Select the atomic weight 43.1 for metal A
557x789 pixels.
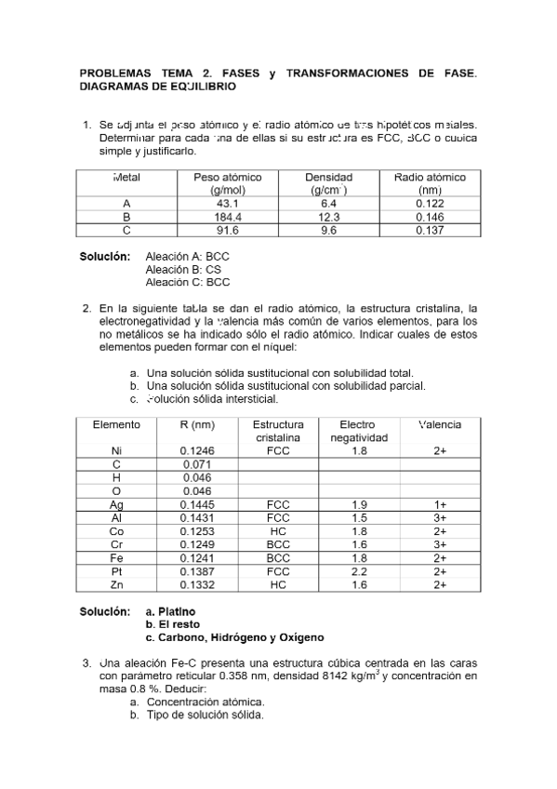228,203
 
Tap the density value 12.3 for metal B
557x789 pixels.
329,217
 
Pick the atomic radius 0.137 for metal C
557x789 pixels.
430,231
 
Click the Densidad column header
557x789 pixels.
329,177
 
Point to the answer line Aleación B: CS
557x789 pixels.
183,269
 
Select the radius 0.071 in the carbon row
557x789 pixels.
196,464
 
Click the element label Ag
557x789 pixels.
116,504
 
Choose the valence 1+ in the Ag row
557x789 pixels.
440,504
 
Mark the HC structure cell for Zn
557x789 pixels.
277,585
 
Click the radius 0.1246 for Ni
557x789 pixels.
196,450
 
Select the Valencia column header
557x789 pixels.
440,424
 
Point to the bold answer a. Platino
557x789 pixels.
171,611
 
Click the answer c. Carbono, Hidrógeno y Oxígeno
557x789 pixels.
234,638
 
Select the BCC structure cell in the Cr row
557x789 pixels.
277,544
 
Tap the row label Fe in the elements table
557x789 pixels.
116,558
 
